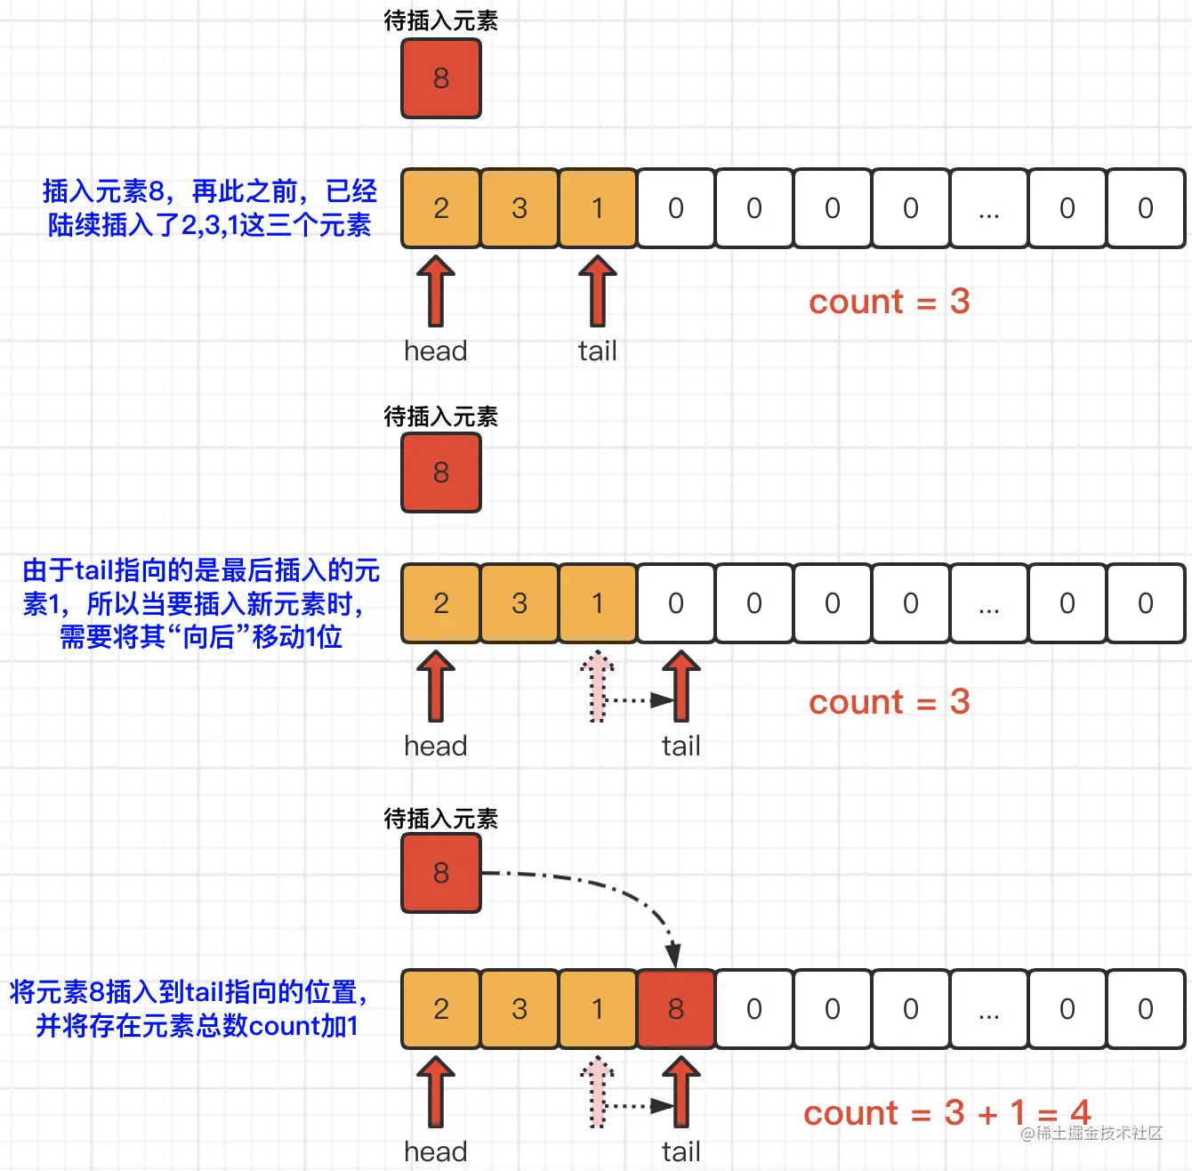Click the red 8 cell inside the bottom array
(x=676, y=1008)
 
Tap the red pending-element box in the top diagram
(x=441, y=78)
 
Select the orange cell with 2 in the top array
(x=441, y=208)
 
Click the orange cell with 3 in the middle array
(x=519, y=603)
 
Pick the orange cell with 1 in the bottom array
(x=598, y=1008)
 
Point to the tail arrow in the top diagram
(x=598, y=291)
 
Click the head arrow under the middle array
(x=436, y=686)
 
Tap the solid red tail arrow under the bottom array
(x=681, y=1092)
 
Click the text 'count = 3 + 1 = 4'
(x=946, y=1112)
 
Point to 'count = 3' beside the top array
(x=889, y=302)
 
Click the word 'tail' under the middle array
(x=681, y=746)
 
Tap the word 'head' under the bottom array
(x=436, y=1151)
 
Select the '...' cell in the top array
(x=989, y=208)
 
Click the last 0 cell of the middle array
(x=1146, y=603)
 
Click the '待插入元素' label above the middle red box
(x=441, y=416)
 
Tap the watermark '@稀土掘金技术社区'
(x=1091, y=1133)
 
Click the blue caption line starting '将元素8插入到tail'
(x=189, y=992)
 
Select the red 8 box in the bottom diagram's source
(x=441, y=873)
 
